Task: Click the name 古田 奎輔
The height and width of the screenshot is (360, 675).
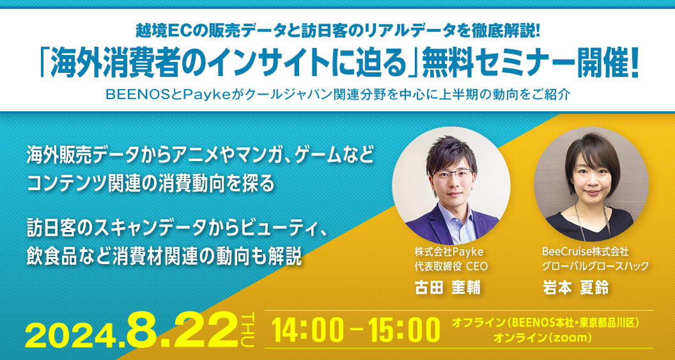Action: (447, 286)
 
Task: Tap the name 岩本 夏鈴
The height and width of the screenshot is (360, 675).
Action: (575, 286)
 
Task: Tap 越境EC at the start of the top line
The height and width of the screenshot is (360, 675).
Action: (158, 29)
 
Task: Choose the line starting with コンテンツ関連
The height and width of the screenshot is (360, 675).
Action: (151, 183)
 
